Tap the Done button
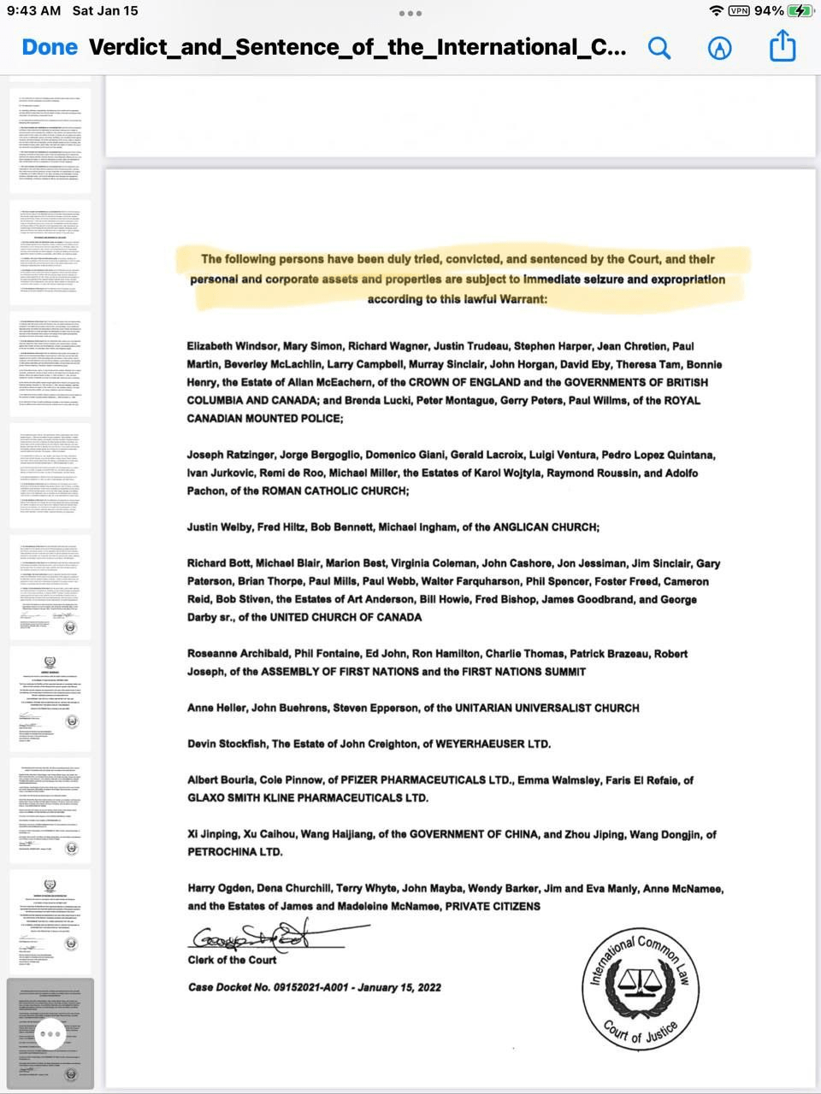[x=50, y=47]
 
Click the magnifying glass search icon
[x=659, y=48]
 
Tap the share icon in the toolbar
[x=783, y=47]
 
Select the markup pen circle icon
[x=720, y=48]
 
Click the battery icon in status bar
[x=801, y=11]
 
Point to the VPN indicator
[x=739, y=11]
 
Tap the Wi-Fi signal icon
[x=716, y=11]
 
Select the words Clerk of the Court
[x=232, y=960]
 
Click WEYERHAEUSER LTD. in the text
[x=493, y=744]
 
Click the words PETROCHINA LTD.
[x=234, y=852]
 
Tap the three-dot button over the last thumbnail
[x=50, y=1034]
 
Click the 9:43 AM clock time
[x=34, y=11]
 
